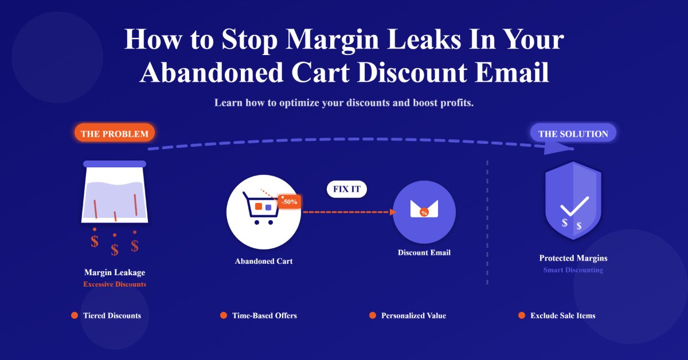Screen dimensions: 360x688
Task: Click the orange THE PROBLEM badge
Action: click(x=115, y=135)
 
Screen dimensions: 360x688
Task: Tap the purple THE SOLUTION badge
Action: click(x=573, y=134)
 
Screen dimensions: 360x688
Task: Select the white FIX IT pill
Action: click(x=346, y=189)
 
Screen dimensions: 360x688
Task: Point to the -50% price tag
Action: click(x=289, y=202)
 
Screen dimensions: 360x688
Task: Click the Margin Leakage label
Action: click(x=115, y=273)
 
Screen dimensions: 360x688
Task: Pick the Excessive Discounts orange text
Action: click(x=115, y=284)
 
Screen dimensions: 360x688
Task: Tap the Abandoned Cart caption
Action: click(x=264, y=261)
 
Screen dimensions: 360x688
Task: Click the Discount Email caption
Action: click(x=424, y=252)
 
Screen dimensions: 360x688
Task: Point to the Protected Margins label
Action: click(x=573, y=259)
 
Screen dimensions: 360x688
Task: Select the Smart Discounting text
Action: click(x=573, y=270)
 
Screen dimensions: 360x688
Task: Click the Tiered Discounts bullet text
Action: click(x=112, y=315)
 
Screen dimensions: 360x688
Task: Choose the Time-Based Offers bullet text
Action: click(x=264, y=315)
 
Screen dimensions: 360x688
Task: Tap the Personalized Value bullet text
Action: click(x=413, y=315)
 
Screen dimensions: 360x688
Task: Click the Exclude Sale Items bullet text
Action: click(x=562, y=315)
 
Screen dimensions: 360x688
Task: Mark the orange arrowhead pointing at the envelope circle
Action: click(x=393, y=212)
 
